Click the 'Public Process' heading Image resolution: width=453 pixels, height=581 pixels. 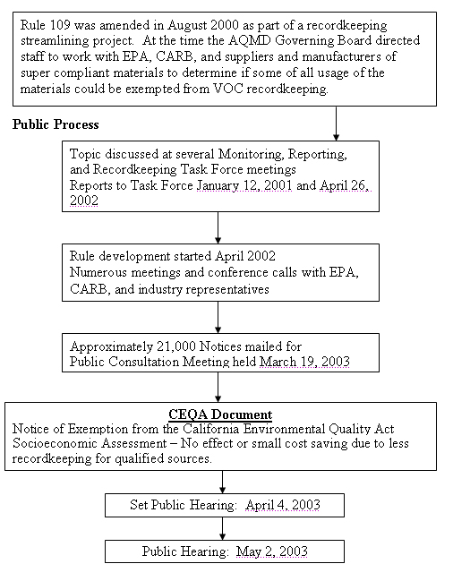[x=56, y=124]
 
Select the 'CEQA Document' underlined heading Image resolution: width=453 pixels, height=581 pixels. [x=221, y=414]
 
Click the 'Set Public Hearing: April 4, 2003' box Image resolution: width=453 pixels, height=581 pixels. [x=223, y=505]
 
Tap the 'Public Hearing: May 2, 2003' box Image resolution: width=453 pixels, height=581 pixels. [x=223, y=551]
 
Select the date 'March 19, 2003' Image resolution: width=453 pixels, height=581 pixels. [x=304, y=362]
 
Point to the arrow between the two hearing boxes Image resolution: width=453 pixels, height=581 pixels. [x=223, y=528]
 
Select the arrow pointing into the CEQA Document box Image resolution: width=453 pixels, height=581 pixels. [x=218, y=387]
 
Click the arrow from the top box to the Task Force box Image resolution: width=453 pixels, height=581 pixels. [x=336, y=123]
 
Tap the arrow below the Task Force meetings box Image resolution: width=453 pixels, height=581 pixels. [x=218, y=226]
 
